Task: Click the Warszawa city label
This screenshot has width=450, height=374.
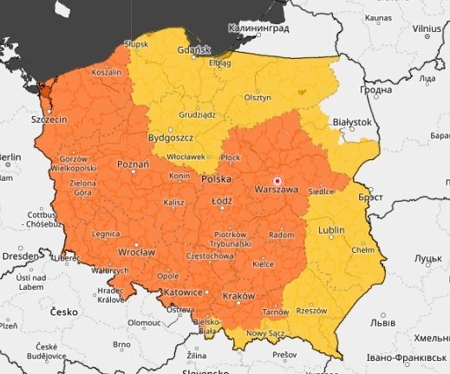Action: coord(277,188)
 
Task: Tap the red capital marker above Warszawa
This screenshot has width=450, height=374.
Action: coord(277,172)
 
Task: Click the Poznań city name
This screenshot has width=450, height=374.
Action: coord(133,163)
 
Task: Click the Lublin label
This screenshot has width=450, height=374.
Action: coord(331,230)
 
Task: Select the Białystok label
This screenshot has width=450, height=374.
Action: coord(352,123)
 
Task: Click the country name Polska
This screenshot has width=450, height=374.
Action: coord(216,179)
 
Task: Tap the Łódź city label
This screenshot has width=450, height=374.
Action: coord(223,200)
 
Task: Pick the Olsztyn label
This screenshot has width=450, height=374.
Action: coord(258,97)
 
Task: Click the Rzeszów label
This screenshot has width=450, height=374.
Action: coord(312,311)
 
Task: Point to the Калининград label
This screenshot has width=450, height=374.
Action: coord(258,28)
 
